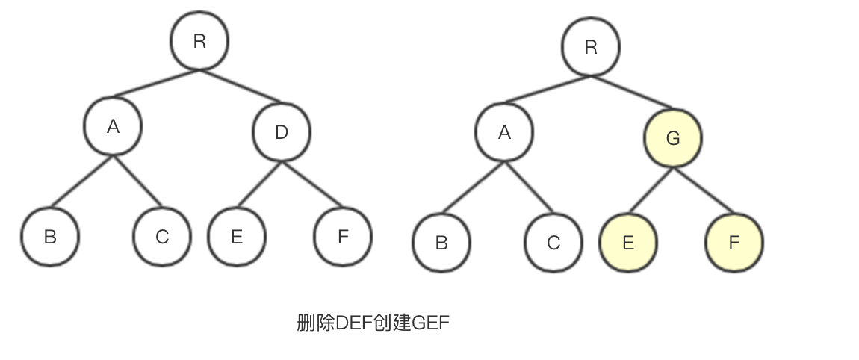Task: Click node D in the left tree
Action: (x=282, y=132)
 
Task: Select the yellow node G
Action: (x=672, y=138)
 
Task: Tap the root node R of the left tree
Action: (x=199, y=41)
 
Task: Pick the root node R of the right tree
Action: (x=591, y=47)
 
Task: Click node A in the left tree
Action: (x=113, y=126)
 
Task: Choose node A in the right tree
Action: (x=504, y=132)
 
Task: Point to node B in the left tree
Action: (x=50, y=237)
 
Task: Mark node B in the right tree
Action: (x=441, y=243)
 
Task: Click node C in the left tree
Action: (x=162, y=237)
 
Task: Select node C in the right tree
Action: (x=553, y=243)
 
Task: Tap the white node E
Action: (x=237, y=237)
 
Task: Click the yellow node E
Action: (x=628, y=243)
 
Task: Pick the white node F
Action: (x=343, y=237)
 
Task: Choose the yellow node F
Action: (x=734, y=243)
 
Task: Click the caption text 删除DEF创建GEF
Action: (x=373, y=323)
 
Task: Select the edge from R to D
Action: (x=241, y=86)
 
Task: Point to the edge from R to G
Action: (x=632, y=92)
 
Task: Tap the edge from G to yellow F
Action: (x=703, y=191)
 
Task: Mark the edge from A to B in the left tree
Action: (x=82, y=181)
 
